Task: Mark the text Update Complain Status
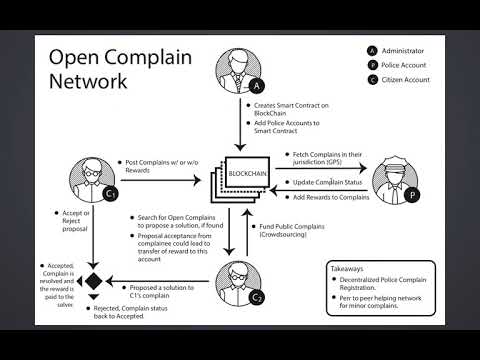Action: [325, 182]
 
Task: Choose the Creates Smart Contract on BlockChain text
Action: [291, 108]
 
